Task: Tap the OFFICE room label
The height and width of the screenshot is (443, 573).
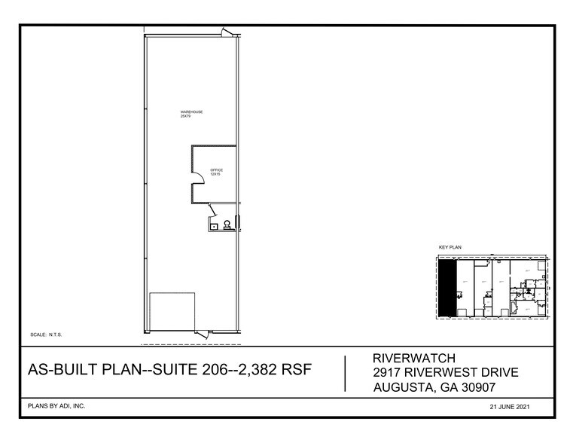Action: (216, 172)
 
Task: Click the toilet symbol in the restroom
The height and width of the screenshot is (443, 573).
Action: (227, 225)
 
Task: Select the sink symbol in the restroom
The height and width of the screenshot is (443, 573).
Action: (215, 225)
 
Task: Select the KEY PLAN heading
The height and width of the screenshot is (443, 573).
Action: (450, 247)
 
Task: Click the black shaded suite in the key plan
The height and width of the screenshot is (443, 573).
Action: (448, 288)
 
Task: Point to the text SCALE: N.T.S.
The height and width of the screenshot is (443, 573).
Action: (50, 333)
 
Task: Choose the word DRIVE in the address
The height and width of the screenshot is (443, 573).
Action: (492, 372)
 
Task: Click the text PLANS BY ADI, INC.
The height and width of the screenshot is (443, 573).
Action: (56, 406)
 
